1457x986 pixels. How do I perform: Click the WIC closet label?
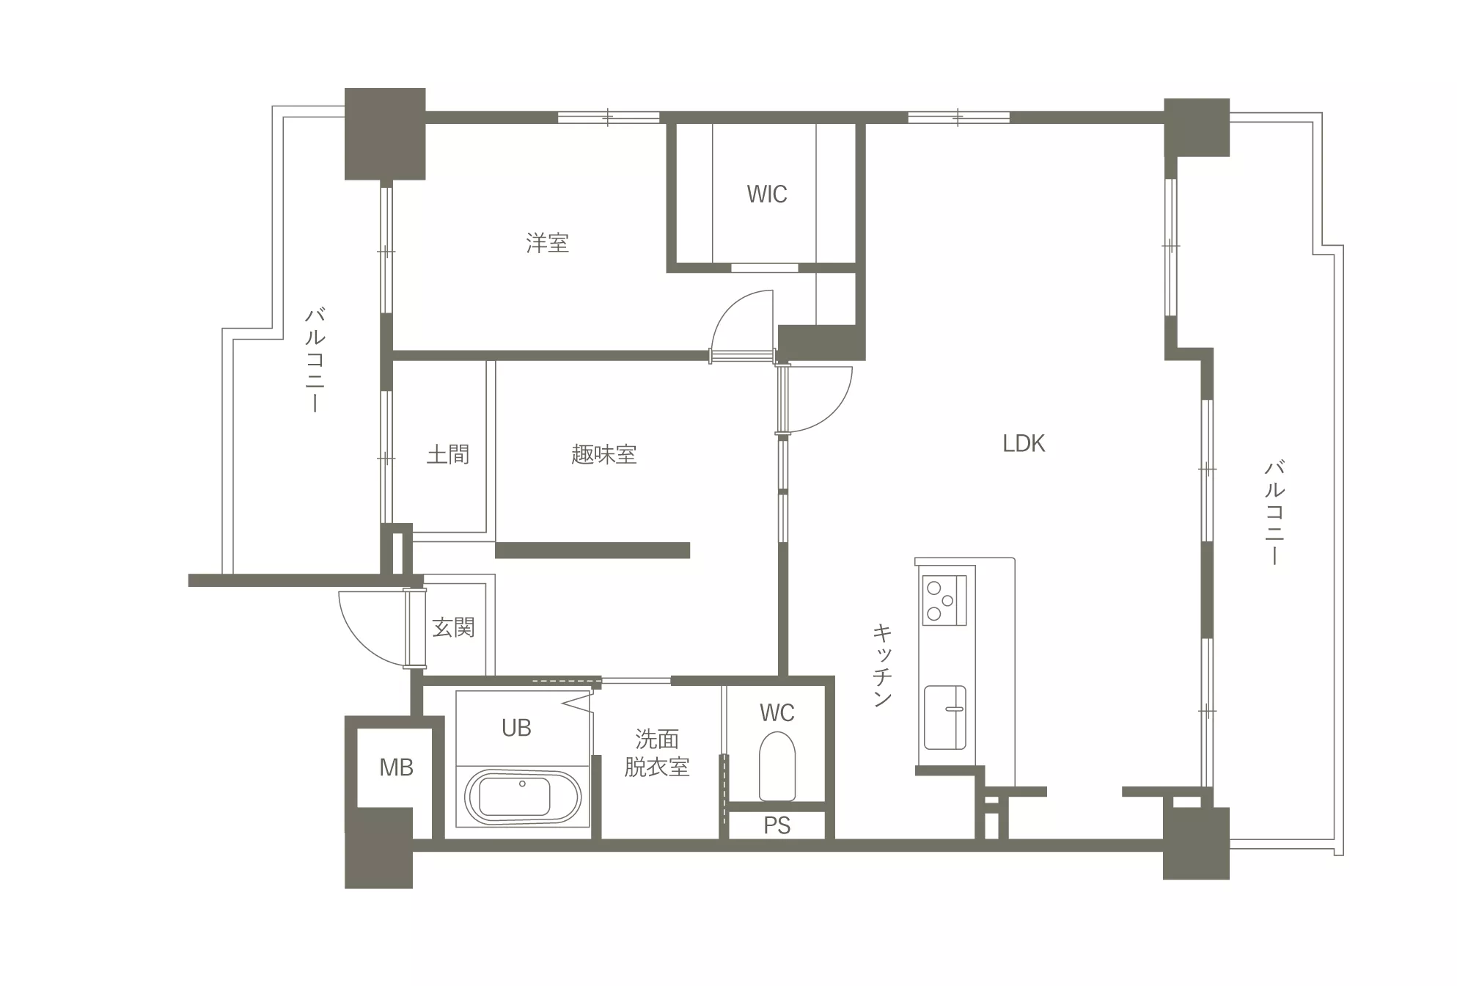[x=767, y=194]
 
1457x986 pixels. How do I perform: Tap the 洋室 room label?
[x=547, y=243]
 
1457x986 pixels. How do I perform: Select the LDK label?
[x=1024, y=443]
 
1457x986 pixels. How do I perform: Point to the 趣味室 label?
[x=603, y=455]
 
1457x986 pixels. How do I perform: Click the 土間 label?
[x=448, y=455]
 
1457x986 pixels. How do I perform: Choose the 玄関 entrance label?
[x=453, y=628]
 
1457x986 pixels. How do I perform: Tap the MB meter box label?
[x=396, y=767]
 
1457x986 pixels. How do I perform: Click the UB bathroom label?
[x=516, y=728]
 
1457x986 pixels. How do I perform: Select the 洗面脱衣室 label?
[x=657, y=753]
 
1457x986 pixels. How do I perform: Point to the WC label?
[x=777, y=712]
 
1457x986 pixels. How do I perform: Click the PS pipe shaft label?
[x=777, y=826]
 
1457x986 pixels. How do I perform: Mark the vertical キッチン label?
[x=882, y=665]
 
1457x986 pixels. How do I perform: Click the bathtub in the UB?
[x=523, y=797]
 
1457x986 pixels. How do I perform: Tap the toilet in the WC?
[x=777, y=766]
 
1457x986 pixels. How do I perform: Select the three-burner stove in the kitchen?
[x=944, y=600]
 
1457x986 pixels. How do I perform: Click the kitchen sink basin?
[x=944, y=717]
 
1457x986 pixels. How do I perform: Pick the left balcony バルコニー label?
[x=315, y=360]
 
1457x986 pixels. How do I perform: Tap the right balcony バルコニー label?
[x=1274, y=512]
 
